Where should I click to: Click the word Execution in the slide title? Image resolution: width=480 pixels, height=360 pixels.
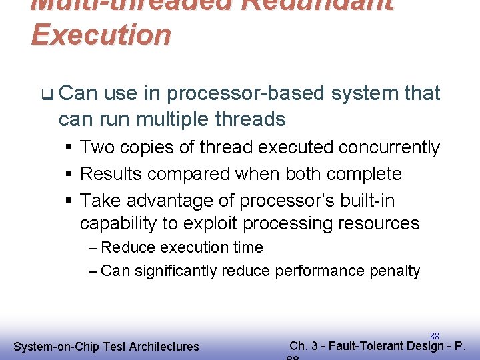click(x=101, y=35)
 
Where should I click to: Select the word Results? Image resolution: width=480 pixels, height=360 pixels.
click(x=111, y=174)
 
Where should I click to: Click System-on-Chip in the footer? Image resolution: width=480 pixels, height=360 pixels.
click(x=51, y=347)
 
